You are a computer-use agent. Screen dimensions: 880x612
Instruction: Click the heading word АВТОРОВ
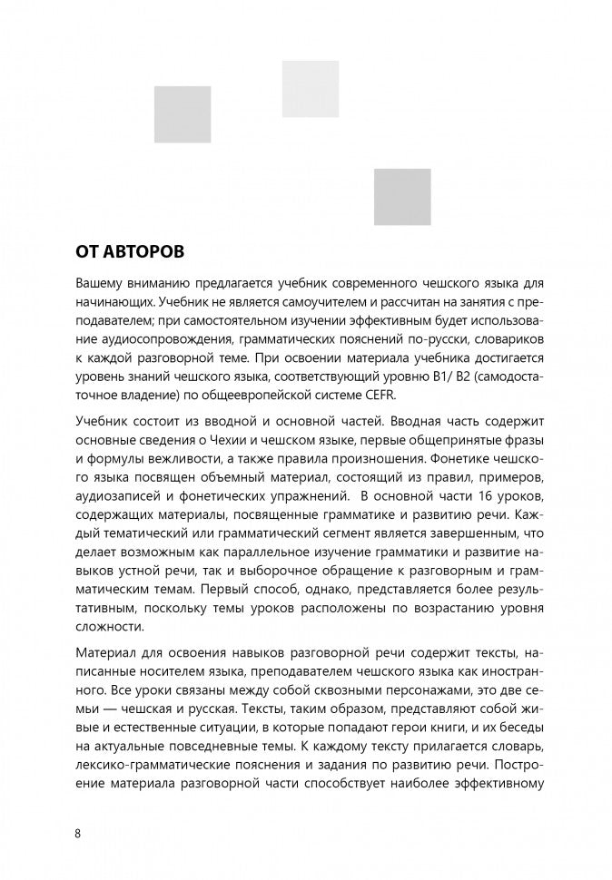pos(150,249)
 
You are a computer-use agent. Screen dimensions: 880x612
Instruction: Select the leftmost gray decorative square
pos(182,114)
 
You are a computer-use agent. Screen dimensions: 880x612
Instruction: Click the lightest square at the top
pos(311,88)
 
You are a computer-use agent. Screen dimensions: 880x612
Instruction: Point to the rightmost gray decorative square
pos(402,197)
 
